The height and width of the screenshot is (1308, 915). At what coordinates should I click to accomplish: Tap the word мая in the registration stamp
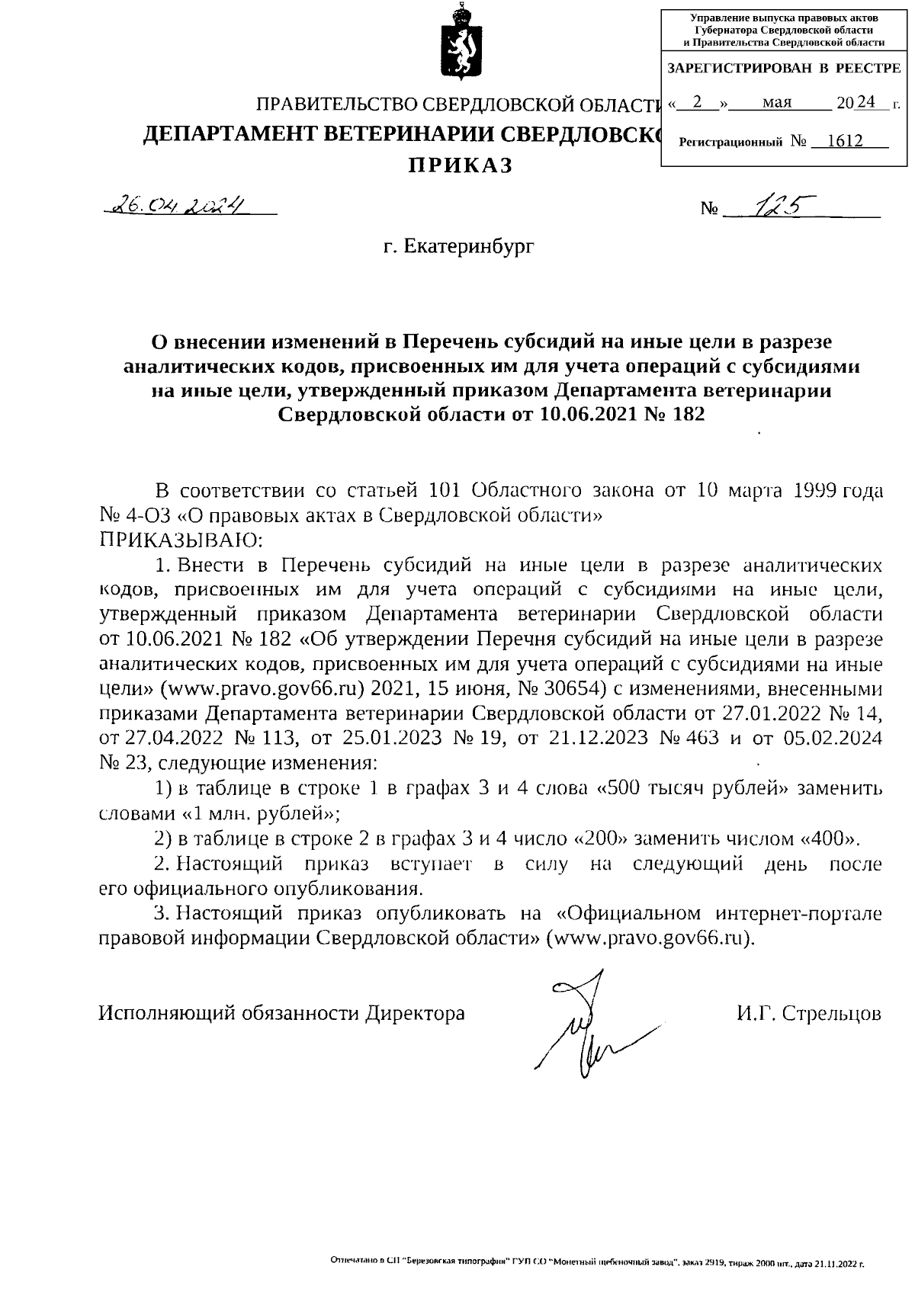pos(777,102)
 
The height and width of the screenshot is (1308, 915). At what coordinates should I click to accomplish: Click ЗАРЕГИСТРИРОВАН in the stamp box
pos(739,69)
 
